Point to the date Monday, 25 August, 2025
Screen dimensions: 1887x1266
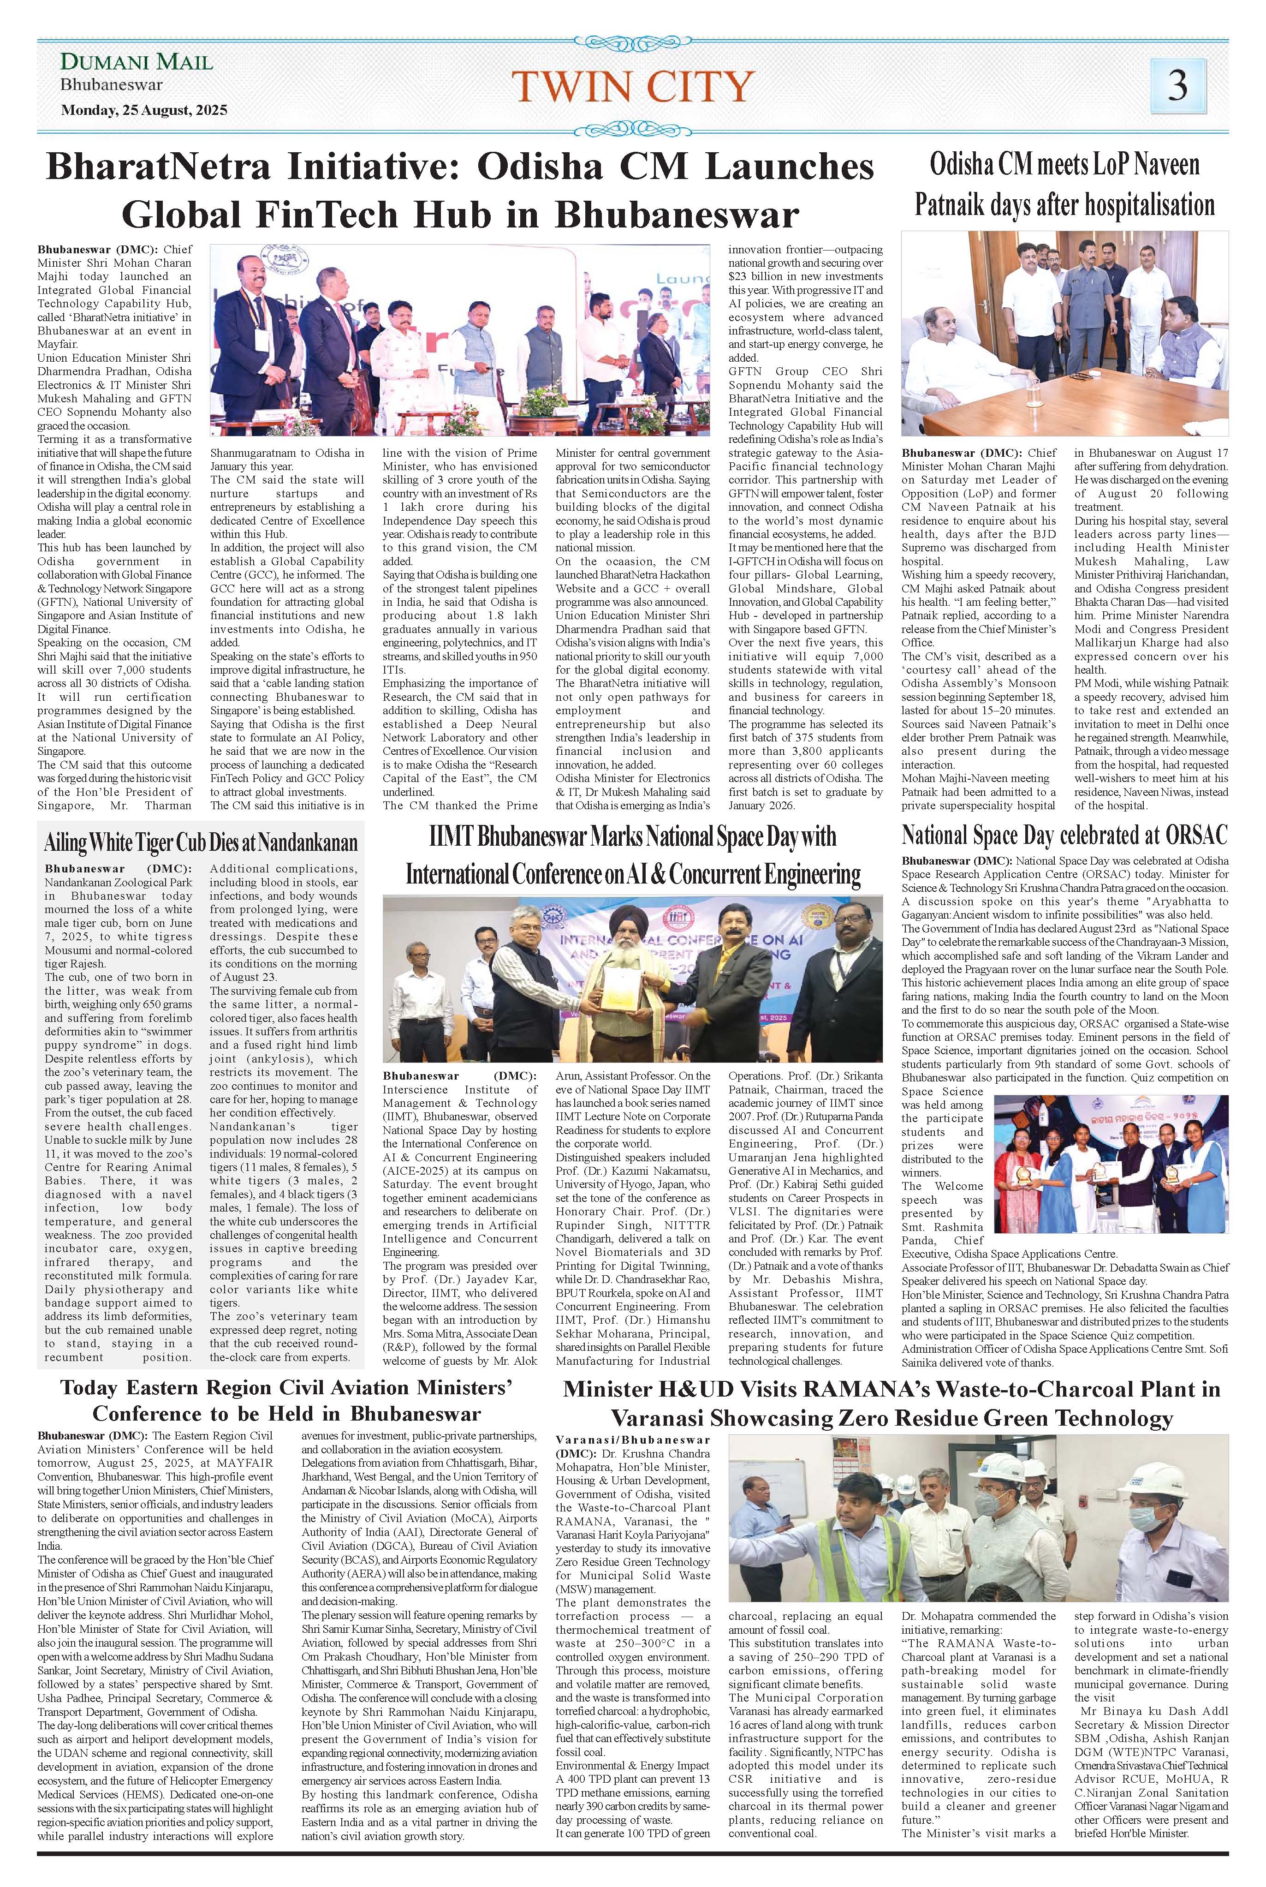click(144, 110)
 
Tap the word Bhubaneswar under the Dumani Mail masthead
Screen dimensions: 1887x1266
click(112, 85)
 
